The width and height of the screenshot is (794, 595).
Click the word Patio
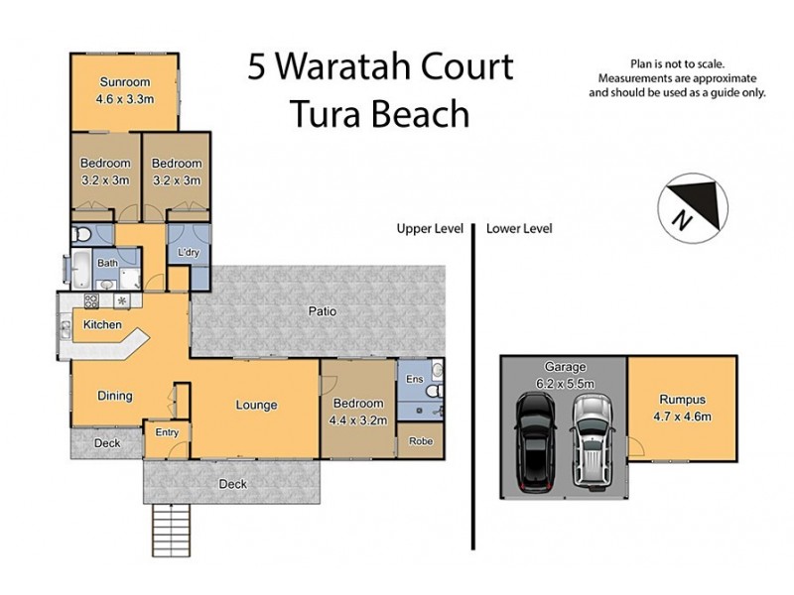322,311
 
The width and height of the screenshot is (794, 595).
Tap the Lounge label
256,405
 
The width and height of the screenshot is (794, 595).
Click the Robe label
421,442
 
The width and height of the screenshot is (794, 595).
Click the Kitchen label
102,325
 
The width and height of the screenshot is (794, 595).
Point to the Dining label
114,396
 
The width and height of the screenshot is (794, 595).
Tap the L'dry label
189,254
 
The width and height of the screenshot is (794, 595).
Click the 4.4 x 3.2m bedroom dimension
358,419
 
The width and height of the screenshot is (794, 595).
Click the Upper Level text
430,228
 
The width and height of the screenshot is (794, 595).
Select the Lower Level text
519,228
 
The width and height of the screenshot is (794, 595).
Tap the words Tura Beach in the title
379,114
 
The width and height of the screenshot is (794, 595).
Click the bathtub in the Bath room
81,268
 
